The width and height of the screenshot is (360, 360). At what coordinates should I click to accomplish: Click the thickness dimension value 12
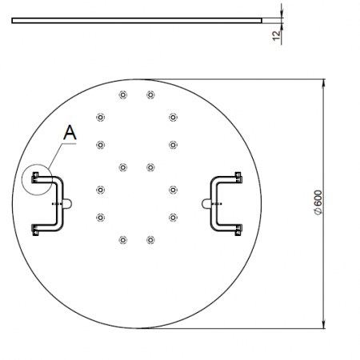point(277,35)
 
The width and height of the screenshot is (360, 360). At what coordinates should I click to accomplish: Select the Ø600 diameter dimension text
point(318,202)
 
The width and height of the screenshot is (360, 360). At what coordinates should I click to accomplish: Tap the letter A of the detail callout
point(70,133)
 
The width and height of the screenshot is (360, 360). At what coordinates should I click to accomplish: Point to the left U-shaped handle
point(61,203)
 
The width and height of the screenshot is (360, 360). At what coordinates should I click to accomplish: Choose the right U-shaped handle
point(213,203)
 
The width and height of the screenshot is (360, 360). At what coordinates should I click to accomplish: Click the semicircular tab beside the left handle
point(69,204)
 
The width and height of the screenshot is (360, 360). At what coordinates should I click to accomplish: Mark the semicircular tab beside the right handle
point(206,204)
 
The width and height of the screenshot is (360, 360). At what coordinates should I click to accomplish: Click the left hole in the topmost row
point(122,94)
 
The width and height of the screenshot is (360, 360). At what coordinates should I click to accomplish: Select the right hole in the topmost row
point(150,94)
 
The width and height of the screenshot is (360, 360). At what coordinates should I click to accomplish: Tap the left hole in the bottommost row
point(122,240)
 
